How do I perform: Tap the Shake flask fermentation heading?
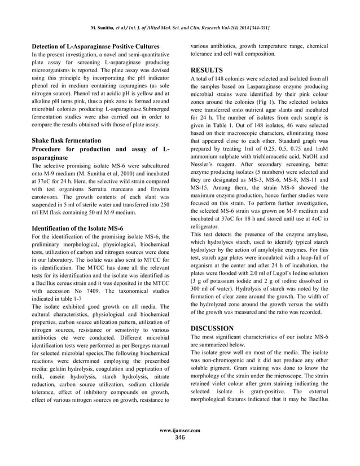pos(67,140)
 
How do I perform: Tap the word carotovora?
pos(47,199)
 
